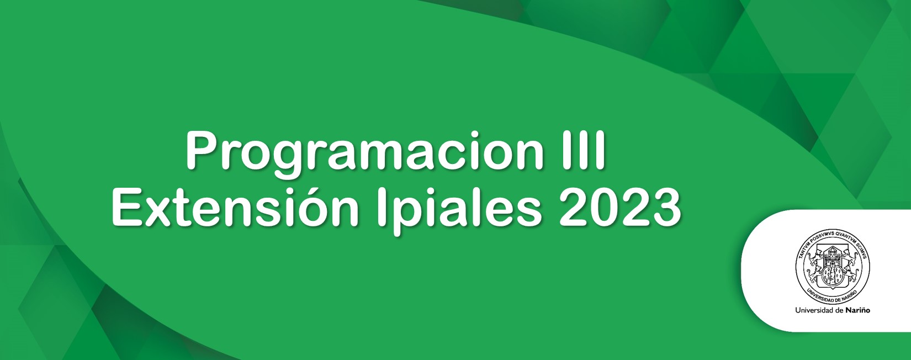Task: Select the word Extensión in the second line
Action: pyautogui.click(x=235, y=207)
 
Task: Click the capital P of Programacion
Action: pyautogui.click(x=203, y=151)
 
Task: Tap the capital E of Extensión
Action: pyautogui.click(x=128, y=207)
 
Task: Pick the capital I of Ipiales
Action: pyautogui.click(x=382, y=207)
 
